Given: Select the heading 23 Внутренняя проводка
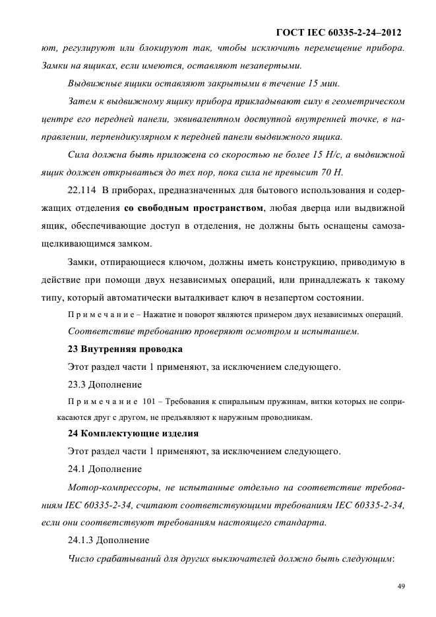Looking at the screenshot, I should pos(125,349).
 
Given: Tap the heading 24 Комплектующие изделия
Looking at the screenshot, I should pos(133,434).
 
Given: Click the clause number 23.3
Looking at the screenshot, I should pos(78,383).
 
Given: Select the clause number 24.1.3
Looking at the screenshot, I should pos(81,540).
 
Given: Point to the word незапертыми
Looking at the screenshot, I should pos(272,66).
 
